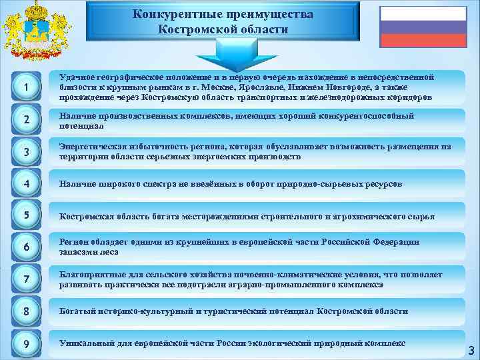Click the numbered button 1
click(x=25, y=87)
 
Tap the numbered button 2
click(x=25, y=121)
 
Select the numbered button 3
click(x=25, y=151)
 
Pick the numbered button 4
click(x=25, y=183)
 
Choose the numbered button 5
click(x=25, y=215)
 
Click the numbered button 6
click(x=25, y=247)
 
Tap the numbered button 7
click(x=25, y=279)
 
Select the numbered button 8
click(x=25, y=311)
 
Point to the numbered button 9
click(x=25, y=344)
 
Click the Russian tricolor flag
click(x=423, y=26)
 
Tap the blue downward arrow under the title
click(x=223, y=53)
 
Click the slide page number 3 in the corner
click(x=471, y=350)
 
